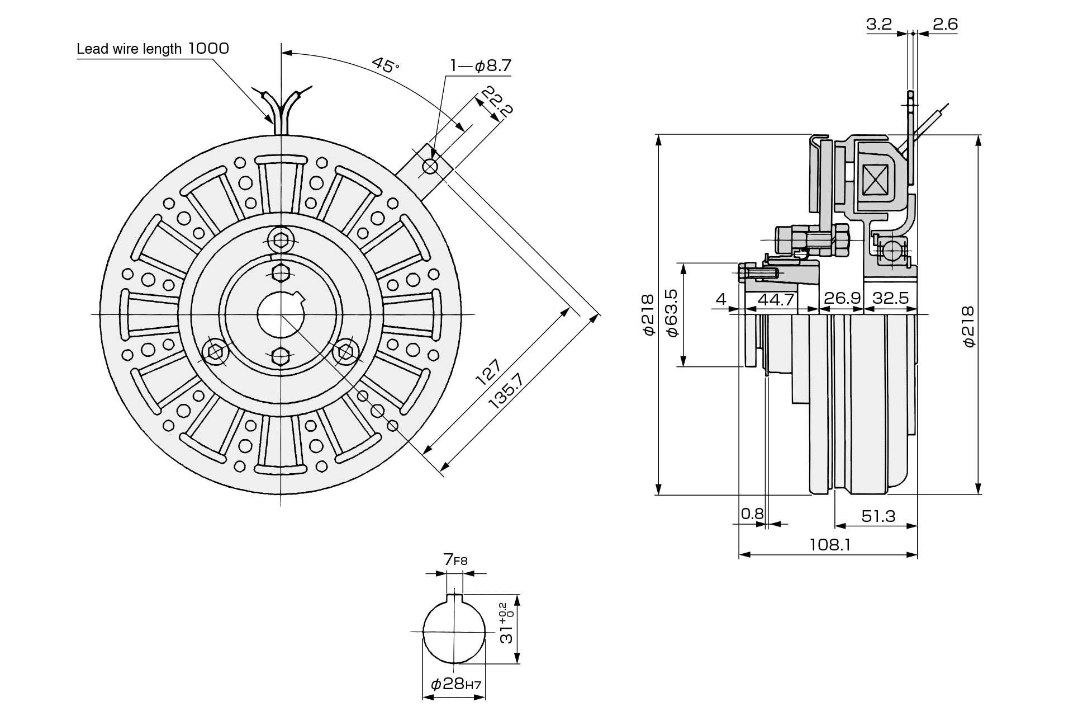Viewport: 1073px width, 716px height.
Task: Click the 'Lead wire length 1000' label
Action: click(153, 49)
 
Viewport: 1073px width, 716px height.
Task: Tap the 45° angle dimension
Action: click(386, 65)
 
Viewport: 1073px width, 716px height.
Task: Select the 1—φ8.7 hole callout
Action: click(481, 66)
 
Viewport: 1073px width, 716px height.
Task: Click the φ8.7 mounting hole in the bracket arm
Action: click(430, 166)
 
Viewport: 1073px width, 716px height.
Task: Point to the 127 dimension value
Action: click(488, 372)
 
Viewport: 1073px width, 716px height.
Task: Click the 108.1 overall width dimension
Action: click(830, 544)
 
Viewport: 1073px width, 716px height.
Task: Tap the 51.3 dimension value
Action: click(878, 516)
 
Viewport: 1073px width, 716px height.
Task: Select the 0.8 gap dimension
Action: click(752, 513)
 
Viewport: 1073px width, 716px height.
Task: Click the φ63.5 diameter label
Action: click(671, 313)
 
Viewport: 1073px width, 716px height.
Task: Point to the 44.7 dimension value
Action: click(776, 299)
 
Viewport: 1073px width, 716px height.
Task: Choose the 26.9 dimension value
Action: click(842, 298)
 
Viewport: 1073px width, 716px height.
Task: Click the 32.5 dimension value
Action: click(891, 298)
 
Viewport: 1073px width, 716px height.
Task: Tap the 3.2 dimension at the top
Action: click(879, 24)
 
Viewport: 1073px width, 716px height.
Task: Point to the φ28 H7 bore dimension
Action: click(455, 684)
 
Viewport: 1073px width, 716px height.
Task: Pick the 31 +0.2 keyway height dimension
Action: click(506, 623)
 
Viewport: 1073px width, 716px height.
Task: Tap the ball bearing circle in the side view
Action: click(892, 250)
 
